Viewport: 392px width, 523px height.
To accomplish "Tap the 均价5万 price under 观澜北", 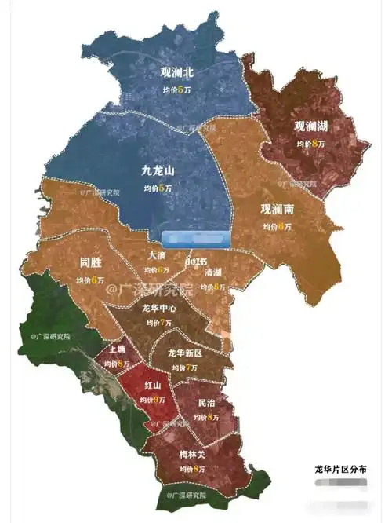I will (176, 90).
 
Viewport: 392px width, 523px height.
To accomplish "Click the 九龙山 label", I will (157, 171).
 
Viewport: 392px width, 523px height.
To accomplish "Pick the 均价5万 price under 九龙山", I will (157, 188).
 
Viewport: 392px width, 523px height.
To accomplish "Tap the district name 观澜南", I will (278, 209).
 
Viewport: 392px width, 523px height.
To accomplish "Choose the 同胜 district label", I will (91, 262).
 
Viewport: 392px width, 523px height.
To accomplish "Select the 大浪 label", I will (157, 255).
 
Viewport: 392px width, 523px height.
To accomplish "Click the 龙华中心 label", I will (159, 309).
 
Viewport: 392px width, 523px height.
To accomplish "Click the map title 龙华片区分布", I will (339, 468).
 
